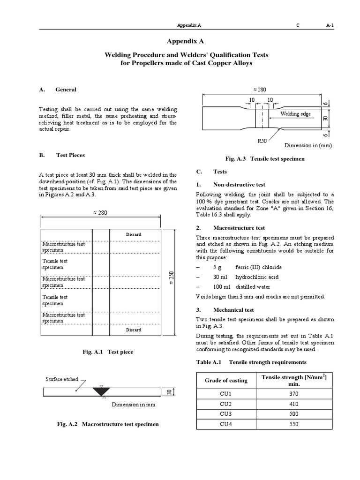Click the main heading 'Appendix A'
(180, 41)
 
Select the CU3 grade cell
(226, 414)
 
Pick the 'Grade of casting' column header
(226, 380)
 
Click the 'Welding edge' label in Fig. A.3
(295, 114)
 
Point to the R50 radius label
(263, 140)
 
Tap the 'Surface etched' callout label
(62, 379)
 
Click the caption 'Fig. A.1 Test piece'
(101, 352)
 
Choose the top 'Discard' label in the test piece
(134, 234)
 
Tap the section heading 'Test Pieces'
(70, 155)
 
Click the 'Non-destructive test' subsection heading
(239, 185)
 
